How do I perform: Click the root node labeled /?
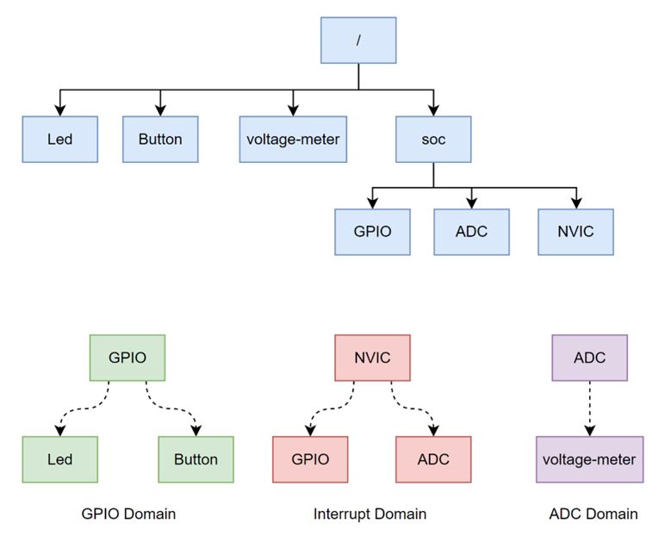point(358,40)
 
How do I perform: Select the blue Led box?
point(59,139)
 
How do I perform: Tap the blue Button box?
point(159,139)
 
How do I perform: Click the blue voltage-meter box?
point(293,139)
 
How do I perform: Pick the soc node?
point(433,139)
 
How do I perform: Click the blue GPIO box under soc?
point(372,231)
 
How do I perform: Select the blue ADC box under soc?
point(471,231)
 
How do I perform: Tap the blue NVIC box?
point(575,231)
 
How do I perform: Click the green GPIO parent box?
point(127,358)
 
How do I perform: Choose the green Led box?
point(59,458)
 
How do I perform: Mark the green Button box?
point(196,458)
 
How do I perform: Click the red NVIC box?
point(372,358)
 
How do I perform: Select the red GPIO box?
point(310,458)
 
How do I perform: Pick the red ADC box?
point(433,458)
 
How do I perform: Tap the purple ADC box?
point(589,358)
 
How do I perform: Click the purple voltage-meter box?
point(589,458)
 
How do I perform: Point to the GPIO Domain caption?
point(128,514)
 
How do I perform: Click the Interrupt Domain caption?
point(370,514)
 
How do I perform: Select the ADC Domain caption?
point(593,514)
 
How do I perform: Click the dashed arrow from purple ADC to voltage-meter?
point(589,408)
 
